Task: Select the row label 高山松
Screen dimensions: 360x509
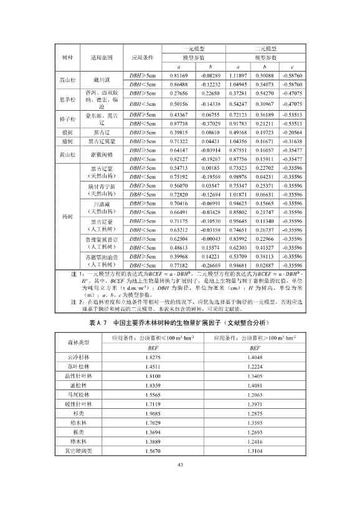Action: point(67,80)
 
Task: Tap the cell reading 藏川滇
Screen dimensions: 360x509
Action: point(101,80)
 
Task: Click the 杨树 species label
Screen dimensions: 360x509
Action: point(67,217)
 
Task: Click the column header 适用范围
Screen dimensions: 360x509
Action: point(101,57)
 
